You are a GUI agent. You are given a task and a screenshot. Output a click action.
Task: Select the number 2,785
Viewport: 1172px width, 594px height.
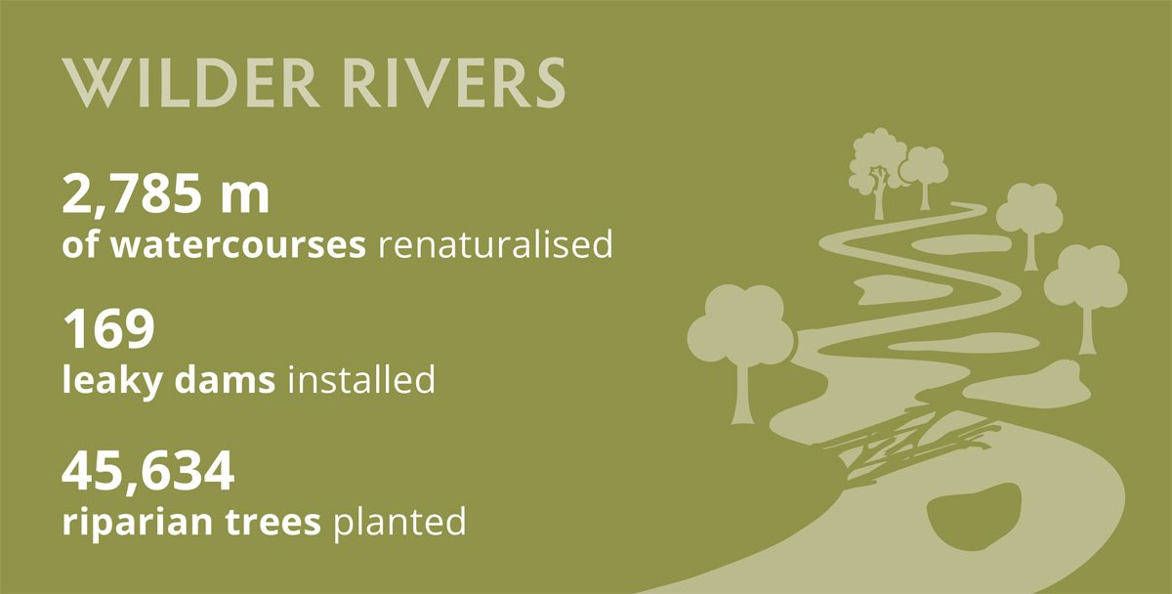pyautogui.click(x=132, y=194)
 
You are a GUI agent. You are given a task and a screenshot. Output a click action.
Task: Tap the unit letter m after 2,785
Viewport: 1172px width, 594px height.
pyautogui.click(x=244, y=198)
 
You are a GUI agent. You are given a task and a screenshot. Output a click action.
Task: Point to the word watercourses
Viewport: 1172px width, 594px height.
pyautogui.click(x=238, y=245)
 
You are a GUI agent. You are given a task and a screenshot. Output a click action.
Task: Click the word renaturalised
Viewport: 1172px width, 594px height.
pyautogui.click(x=495, y=243)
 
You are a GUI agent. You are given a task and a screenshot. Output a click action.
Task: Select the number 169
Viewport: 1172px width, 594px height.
pyautogui.click(x=108, y=329)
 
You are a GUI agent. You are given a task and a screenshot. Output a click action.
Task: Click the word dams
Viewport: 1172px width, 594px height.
pyautogui.click(x=225, y=379)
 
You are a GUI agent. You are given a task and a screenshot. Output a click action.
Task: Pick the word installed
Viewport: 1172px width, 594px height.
pyautogui.click(x=361, y=379)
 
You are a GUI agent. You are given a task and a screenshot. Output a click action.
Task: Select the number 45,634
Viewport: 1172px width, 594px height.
pyautogui.click(x=148, y=473)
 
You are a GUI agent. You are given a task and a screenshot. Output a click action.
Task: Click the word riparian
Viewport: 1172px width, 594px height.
pyautogui.click(x=137, y=523)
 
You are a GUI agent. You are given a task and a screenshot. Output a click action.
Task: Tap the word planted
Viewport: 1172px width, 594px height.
pyautogui.click(x=399, y=522)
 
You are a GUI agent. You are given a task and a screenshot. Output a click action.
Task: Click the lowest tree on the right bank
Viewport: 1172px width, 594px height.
pyautogui.click(x=1087, y=293)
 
